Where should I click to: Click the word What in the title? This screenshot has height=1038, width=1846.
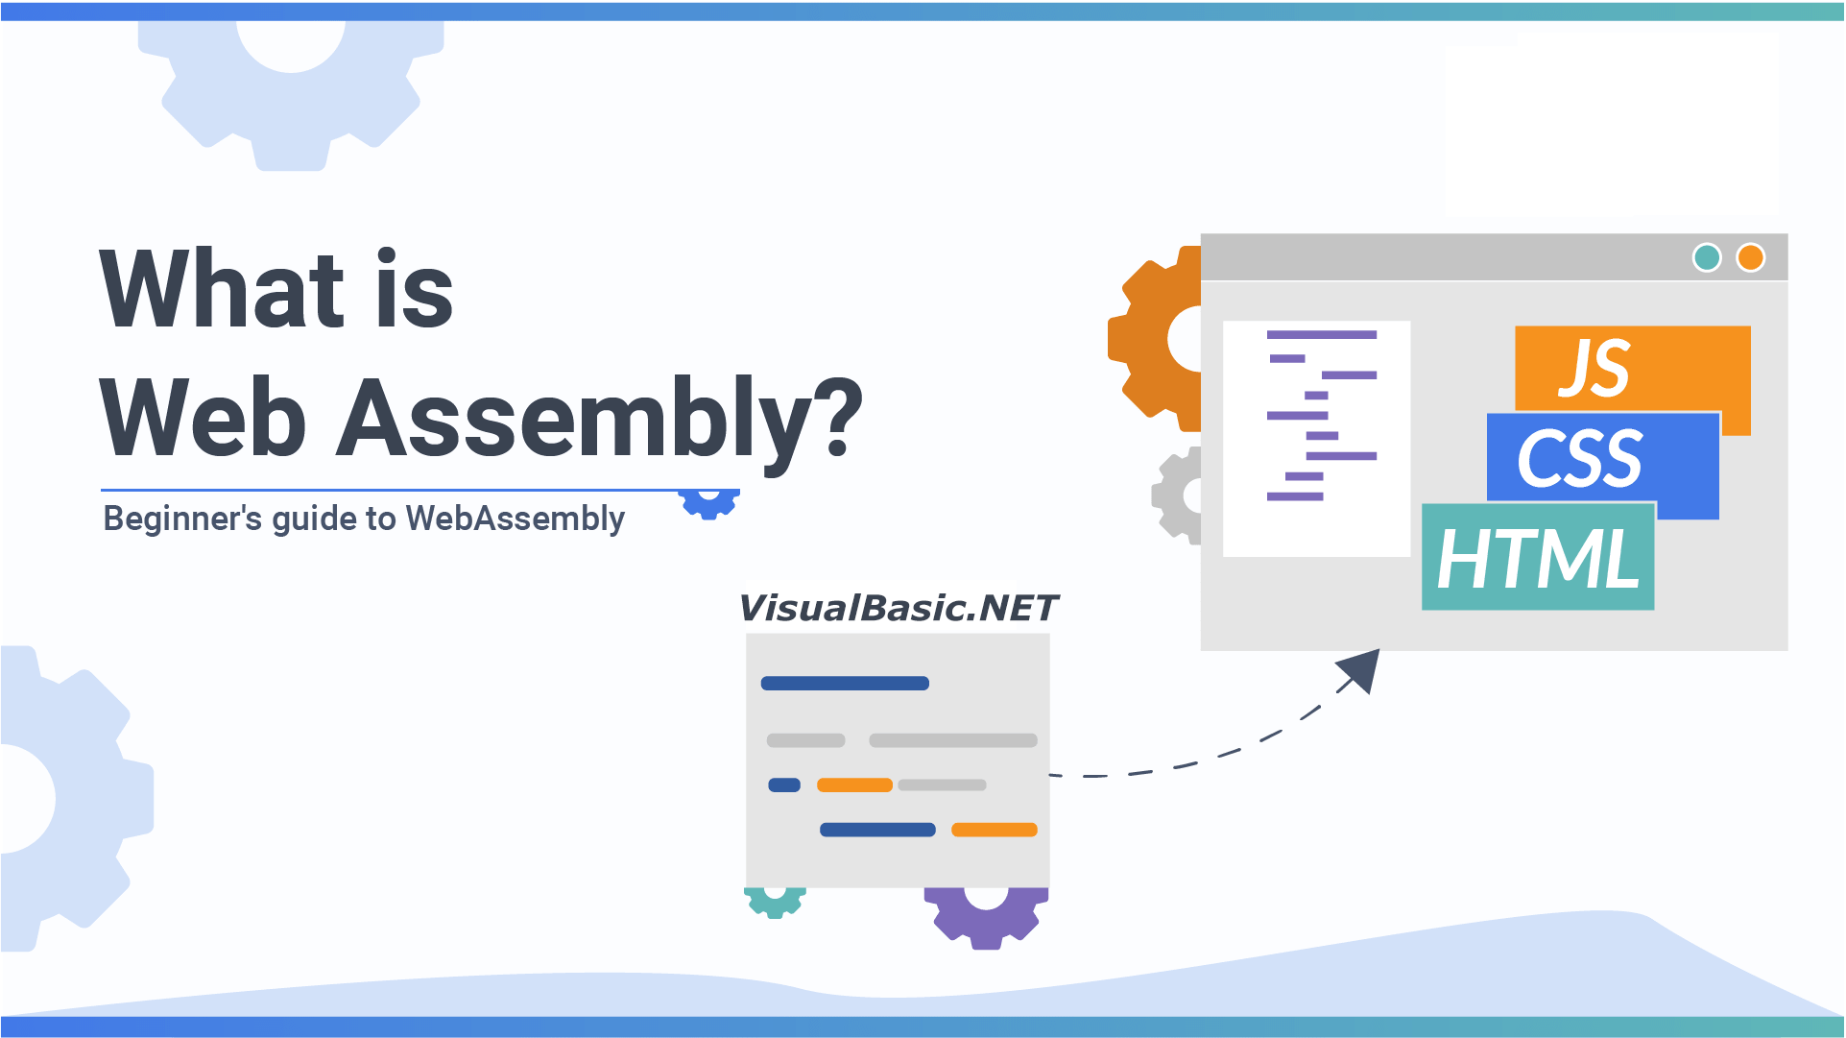pyautogui.click(x=222, y=290)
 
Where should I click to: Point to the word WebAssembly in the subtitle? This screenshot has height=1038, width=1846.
pyautogui.click(x=515, y=519)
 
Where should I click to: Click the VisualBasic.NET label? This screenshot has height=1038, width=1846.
pyautogui.click(x=897, y=608)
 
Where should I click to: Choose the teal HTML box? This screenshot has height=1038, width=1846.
pyautogui.click(x=1537, y=558)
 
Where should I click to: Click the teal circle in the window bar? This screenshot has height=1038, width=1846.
pyautogui.click(x=1706, y=257)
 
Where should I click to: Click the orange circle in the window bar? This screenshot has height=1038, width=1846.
pyautogui.click(x=1750, y=257)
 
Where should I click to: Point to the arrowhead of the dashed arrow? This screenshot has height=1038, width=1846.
pyautogui.click(x=1362, y=668)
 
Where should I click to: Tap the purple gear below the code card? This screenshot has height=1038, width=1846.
pyautogui.click(x=985, y=917)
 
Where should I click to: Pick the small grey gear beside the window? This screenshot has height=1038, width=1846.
pyautogui.click(x=1177, y=495)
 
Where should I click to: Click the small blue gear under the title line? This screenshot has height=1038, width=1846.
pyautogui.click(x=708, y=504)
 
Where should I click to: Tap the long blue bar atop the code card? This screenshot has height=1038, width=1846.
pyautogui.click(x=844, y=684)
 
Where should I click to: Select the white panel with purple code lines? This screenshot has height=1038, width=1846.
pyautogui.click(x=1316, y=438)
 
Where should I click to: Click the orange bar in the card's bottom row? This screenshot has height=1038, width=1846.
pyautogui.click(x=994, y=830)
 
